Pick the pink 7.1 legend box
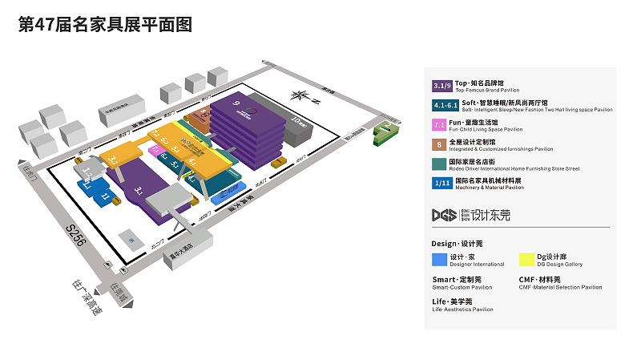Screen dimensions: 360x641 click(439, 125)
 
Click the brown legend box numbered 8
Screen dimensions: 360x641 click(439, 145)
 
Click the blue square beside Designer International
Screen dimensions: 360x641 click(439, 259)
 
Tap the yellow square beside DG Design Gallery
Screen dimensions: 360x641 click(526, 259)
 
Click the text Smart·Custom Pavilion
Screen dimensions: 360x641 click(462, 287)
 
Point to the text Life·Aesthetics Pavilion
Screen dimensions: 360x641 click(462, 309)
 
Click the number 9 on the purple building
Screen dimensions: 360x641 click(236, 103)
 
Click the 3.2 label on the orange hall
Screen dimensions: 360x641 click(113, 161)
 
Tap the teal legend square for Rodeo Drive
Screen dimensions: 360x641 click(439, 164)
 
